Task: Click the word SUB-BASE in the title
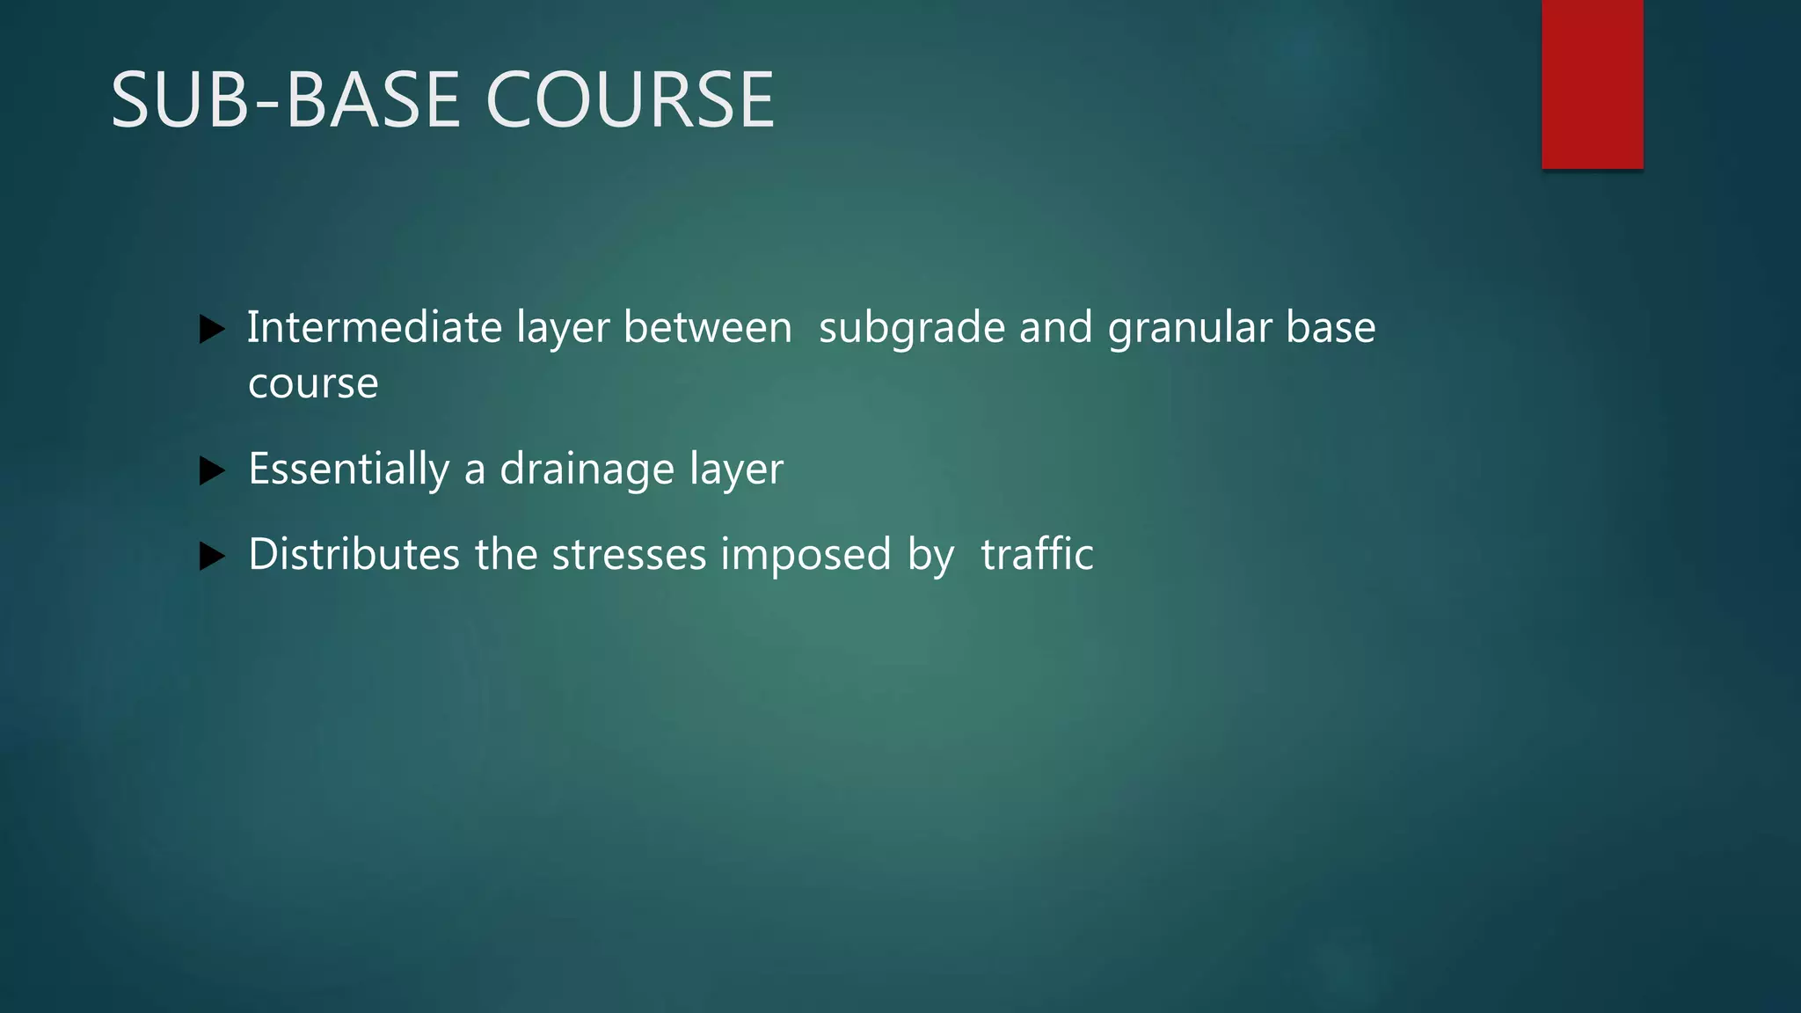click(x=286, y=100)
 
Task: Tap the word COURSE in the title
click(x=630, y=100)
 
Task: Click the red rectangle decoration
click(x=1592, y=84)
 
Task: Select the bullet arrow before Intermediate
click(x=212, y=330)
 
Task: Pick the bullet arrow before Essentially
click(x=212, y=471)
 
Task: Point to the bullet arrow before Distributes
click(x=212, y=557)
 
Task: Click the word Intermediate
click(x=374, y=327)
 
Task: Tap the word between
click(x=707, y=327)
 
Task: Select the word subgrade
click(x=911, y=329)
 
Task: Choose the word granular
click(x=1190, y=329)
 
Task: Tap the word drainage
click(x=587, y=470)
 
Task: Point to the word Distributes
click(x=354, y=554)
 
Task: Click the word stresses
click(x=629, y=554)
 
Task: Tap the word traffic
click(x=1037, y=554)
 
